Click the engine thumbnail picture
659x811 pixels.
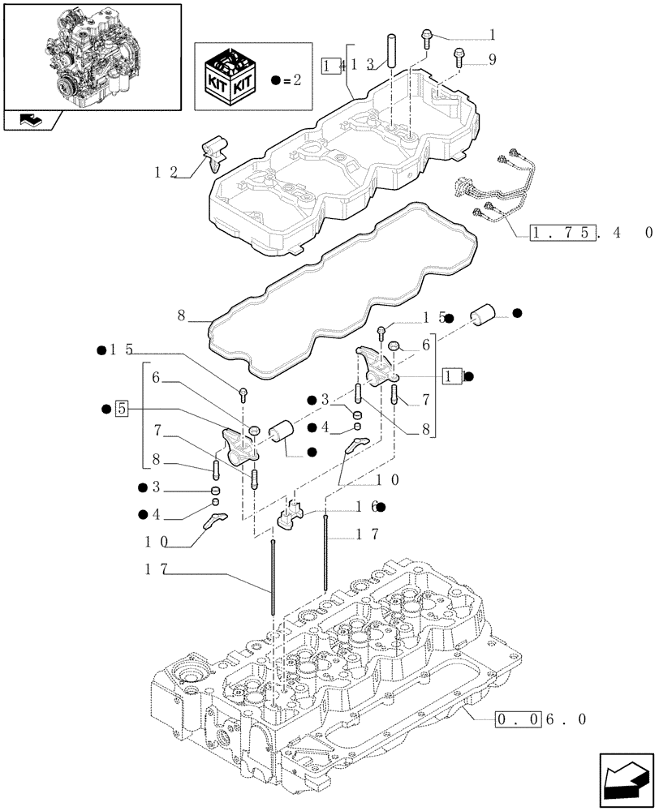(92, 55)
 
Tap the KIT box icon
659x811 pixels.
(231, 79)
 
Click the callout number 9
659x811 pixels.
(491, 58)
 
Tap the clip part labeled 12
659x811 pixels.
(215, 152)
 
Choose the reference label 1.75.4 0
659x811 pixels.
(590, 233)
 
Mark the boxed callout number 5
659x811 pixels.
(121, 408)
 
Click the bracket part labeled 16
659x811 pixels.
(290, 515)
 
